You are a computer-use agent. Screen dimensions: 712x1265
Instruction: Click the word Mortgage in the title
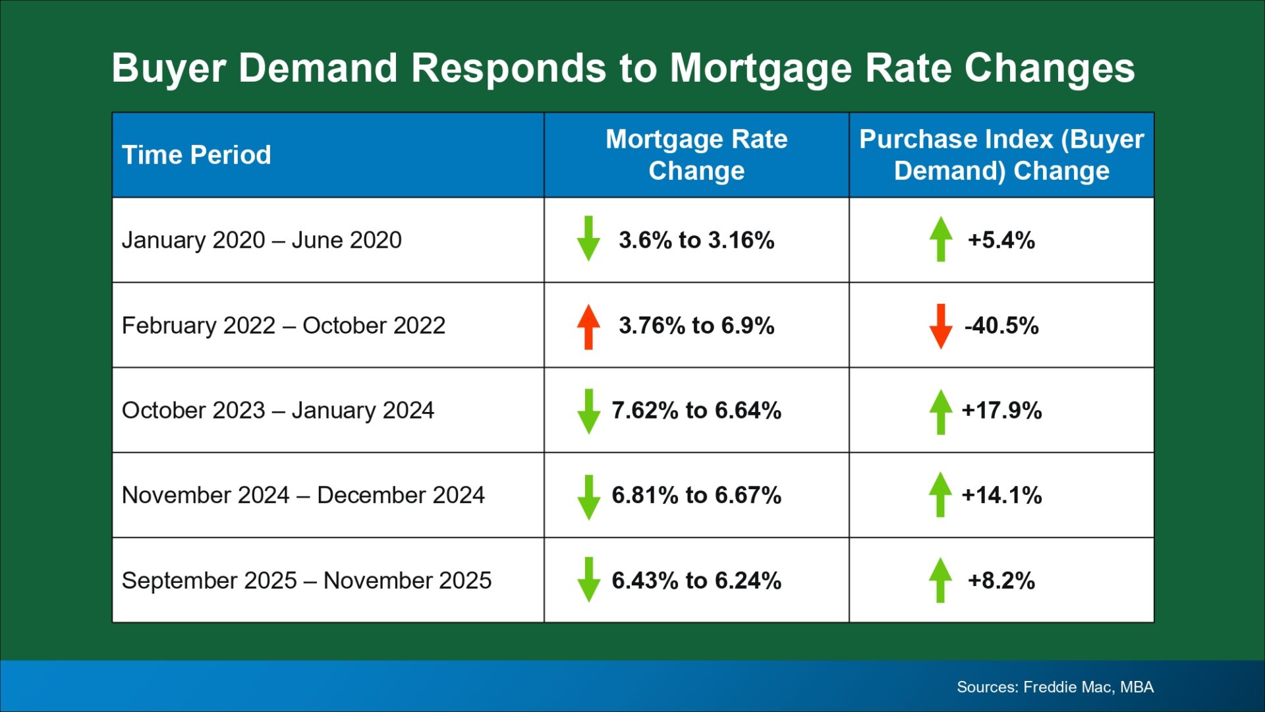[x=760, y=69]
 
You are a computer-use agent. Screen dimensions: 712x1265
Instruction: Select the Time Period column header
[x=196, y=155]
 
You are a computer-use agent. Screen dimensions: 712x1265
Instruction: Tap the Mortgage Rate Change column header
[x=696, y=155]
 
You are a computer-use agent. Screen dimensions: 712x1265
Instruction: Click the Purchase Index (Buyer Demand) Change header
[x=1001, y=155]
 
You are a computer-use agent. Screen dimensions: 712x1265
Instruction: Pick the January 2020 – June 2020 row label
[x=262, y=240]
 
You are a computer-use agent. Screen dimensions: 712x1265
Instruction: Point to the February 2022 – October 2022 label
[x=283, y=325]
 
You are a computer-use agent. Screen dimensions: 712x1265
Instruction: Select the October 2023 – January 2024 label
[x=278, y=410]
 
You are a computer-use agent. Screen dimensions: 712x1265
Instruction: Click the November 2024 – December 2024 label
[x=303, y=495]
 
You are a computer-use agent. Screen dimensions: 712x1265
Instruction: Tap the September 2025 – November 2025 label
[x=306, y=580]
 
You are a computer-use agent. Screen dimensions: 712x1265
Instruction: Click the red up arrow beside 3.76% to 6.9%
[x=588, y=326]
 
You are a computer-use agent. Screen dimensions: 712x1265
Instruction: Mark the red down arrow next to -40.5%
[x=941, y=326]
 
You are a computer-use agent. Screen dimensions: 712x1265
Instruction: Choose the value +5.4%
[x=1001, y=240]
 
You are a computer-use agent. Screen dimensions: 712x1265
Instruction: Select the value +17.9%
[x=1001, y=410]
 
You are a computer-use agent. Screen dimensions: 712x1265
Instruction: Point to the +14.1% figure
[x=1001, y=495]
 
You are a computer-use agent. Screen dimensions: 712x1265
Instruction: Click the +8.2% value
[x=1001, y=580]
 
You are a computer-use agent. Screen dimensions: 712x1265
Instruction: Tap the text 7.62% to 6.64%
[x=696, y=410]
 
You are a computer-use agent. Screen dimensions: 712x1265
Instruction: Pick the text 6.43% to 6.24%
[x=696, y=580]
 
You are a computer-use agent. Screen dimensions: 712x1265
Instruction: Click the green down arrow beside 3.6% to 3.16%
[x=588, y=239]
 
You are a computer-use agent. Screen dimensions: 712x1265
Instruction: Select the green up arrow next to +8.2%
[x=941, y=579]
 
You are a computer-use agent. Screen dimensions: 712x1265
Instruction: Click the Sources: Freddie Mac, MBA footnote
[x=1055, y=687]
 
